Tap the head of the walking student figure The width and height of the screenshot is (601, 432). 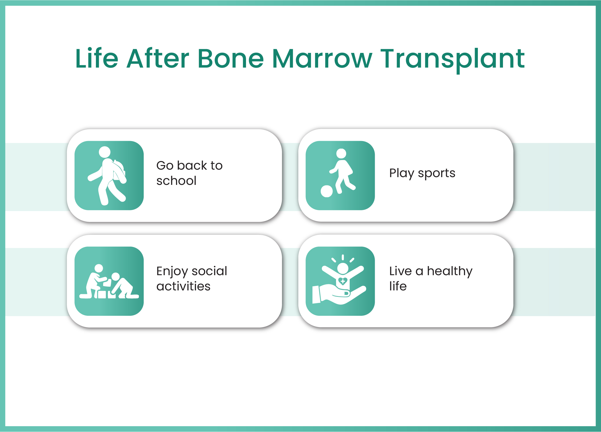(104, 152)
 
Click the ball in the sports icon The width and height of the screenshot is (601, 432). (327, 191)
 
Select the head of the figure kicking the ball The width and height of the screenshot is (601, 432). (341, 154)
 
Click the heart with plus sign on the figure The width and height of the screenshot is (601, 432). (343, 281)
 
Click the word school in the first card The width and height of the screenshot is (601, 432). (176, 181)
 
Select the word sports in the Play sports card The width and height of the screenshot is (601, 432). (436, 174)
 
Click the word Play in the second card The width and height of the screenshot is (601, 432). (401, 173)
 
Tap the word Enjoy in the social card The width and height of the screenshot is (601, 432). (172, 272)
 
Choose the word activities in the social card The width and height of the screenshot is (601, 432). (184, 286)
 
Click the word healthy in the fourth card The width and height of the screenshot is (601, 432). (450, 271)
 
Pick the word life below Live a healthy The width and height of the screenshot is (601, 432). (398, 286)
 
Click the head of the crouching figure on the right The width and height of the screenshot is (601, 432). (115, 277)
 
